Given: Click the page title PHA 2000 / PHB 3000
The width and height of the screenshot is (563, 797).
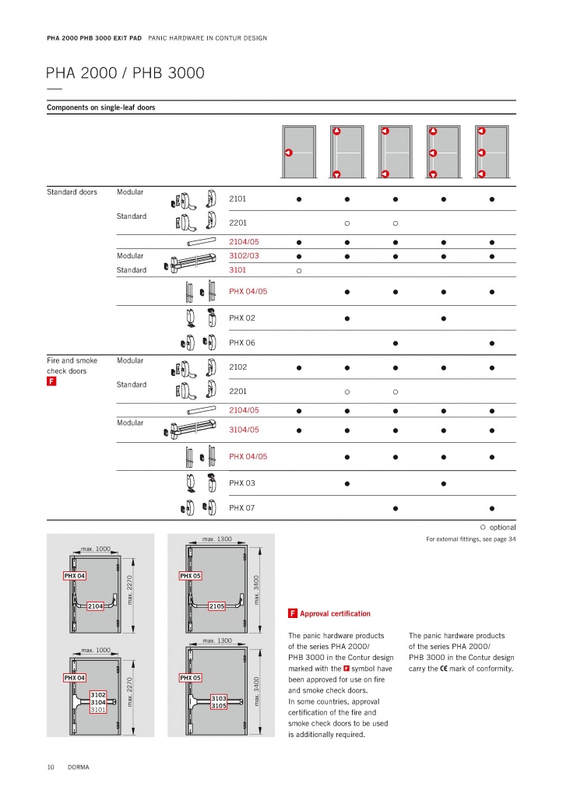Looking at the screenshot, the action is pyautogui.click(x=125, y=72).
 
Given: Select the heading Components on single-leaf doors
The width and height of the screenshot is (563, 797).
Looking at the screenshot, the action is pyautogui.click(x=100, y=107).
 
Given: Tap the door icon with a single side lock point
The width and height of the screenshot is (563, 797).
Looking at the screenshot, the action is pyautogui.click(x=299, y=152).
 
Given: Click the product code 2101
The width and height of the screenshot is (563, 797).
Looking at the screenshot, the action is pyautogui.click(x=238, y=198).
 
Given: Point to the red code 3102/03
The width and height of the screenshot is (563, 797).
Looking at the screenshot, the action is pyautogui.click(x=244, y=255).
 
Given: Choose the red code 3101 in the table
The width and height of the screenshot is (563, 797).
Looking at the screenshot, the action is pyautogui.click(x=238, y=270).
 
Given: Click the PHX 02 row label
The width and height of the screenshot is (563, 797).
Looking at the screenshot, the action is pyautogui.click(x=242, y=318).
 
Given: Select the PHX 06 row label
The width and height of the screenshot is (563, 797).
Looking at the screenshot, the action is pyautogui.click(x=242, y=342).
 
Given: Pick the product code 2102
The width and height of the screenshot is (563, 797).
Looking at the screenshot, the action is pyautogui.click(x=238, y=367).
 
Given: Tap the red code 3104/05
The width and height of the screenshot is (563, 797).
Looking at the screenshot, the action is pyautogui.click(x=244, y=430).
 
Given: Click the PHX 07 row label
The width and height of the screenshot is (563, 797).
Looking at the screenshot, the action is pyautogui.click(x=242, y=507).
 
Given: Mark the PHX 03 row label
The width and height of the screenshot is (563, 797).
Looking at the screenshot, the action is pyautogui.click(x=242, y=483).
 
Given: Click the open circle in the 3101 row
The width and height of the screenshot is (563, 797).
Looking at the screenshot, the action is pyautogui.click(x=299, y=271).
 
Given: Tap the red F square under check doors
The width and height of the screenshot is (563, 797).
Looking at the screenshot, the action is pyautogui.click(x=51, y=381).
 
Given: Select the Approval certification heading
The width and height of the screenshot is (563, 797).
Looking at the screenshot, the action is pyautogui.click(x=335, y=613).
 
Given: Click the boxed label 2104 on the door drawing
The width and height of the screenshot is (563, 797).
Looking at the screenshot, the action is pyautogui.click(x=95, y=606).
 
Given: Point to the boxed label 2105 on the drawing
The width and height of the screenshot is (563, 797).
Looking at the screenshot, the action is pyautogui.click(x=216, y=606).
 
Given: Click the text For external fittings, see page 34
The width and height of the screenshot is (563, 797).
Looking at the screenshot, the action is pyautogui.click(x=471, y=539).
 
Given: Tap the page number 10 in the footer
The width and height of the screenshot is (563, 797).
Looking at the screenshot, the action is pyautogui.click(x=51, y=767).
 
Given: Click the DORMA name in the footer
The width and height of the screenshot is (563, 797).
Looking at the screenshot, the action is pyautogui.click(x=79, y=767).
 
